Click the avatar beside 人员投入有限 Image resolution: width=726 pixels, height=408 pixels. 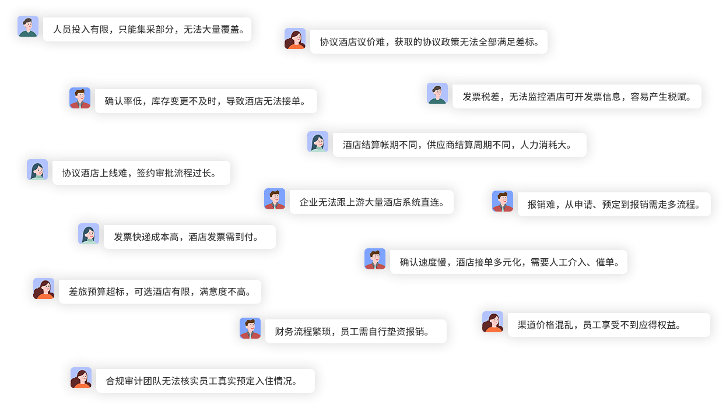tap(28, 27)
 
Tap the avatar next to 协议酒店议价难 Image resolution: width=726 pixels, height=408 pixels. tap(295, 39)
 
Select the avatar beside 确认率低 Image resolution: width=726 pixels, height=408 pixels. tap(80, 99)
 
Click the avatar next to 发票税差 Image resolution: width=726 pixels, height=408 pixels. tap(437, 94)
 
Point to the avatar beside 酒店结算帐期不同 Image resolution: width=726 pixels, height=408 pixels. tap(318, 142)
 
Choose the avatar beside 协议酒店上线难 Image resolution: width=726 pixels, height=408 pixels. tap(37, 170)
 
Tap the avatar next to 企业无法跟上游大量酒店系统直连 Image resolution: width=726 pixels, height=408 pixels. tap(275, 199)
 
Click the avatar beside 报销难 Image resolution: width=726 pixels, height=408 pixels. tap(503, 202)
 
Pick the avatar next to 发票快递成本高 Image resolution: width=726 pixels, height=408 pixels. tap(89, 234)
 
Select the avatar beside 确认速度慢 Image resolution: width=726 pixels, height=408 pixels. tap(375, 259)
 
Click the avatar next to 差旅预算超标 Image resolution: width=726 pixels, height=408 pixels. tap(44, 289)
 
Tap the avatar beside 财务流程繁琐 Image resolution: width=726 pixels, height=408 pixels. tap(250, 329)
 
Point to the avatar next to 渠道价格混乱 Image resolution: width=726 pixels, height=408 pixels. tap(493, 322)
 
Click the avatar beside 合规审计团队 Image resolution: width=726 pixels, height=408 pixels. tap(81, 378)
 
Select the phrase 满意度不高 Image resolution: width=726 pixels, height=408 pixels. tap(225, 292)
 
